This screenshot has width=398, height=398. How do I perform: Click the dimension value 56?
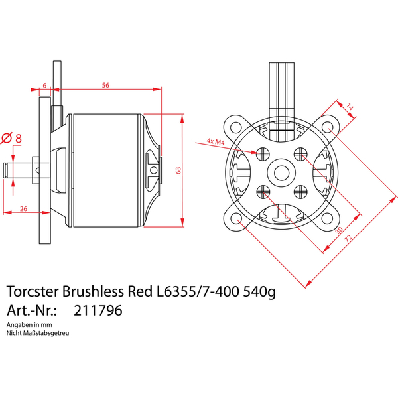105,85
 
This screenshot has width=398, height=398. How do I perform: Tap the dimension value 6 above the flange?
44,86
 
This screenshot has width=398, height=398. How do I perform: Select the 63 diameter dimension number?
178,170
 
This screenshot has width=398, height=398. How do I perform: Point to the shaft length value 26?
24,209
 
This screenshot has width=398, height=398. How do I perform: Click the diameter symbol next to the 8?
7,139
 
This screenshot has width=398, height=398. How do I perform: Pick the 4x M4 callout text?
216,141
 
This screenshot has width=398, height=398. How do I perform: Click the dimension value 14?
350,107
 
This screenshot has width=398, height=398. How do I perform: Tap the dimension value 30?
339,230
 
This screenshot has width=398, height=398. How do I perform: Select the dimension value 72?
348,238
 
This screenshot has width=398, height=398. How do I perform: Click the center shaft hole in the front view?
281,172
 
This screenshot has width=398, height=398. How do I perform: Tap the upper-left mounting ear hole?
235,127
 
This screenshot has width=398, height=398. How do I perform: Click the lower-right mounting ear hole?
327,218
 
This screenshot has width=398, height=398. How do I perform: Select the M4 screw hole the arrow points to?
263,154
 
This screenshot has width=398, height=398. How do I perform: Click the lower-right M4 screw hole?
300,192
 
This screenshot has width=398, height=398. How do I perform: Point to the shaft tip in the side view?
4,170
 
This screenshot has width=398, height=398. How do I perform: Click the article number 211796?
98,310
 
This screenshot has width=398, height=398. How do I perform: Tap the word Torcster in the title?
33,291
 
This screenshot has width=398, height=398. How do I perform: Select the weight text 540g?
259,292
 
